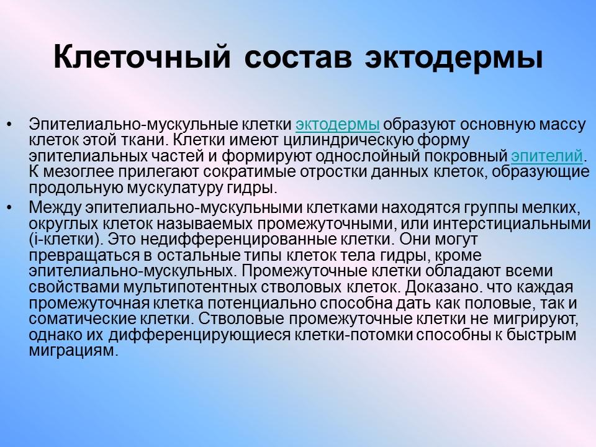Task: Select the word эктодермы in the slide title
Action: pos(453,57)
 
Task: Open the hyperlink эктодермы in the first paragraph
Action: pos(338,124)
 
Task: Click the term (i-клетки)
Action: pos(62,239)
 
